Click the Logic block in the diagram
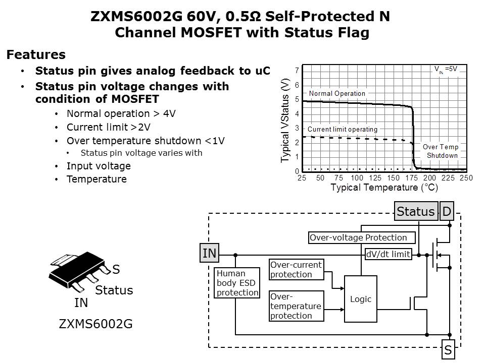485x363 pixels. (361, 299)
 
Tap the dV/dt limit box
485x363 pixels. (388, 254)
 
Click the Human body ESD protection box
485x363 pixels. (237, 283)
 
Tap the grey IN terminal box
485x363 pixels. (209, 254)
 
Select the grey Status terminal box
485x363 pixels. (415, 211)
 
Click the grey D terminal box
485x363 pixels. (447, 211)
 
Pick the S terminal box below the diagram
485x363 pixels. (448, 349)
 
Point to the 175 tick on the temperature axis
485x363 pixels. (411, 178)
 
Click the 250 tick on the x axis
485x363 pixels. (466, 178)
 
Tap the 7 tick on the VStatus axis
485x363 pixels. (297, 71)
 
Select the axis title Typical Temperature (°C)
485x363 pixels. (384, 188)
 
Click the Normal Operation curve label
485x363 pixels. (337, 93)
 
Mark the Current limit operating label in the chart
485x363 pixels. (343, 130)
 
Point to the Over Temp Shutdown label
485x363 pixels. (441, 151)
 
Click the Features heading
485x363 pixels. (36, 55)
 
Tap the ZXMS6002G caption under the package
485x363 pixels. (95, 324)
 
